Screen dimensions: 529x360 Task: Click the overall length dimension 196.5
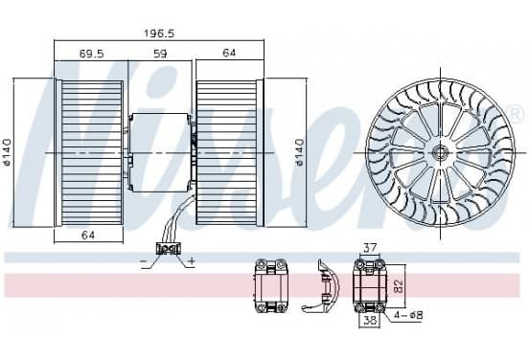(159, 34)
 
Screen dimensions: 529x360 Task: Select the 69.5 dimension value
(91, 54)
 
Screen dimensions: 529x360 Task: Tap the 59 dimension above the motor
(160, 54)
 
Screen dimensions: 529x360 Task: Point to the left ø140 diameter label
(7, 152)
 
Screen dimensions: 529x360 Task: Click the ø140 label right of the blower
(299, 152)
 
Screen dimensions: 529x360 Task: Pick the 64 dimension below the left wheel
(88, 235)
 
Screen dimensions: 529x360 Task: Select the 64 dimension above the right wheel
(229, 53)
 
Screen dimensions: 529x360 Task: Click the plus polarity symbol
(192, 260)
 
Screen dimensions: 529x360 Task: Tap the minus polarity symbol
(144, 260)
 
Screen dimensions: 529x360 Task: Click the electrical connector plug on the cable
(168, 249)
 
